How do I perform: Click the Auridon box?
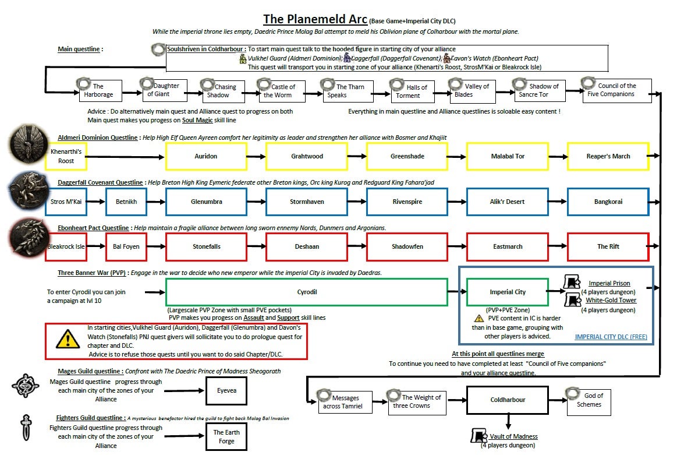tap(205, 156)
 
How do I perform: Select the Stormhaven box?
tap(307, 202)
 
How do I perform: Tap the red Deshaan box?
tap(307, 246)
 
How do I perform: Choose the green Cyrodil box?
tap(306, 292)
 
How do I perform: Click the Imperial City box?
tap(507, 292)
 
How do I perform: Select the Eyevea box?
tap(226, 391)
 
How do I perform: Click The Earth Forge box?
tap(226, 436)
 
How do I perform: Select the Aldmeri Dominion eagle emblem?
tap(24, 143)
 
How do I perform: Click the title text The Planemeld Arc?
tap(315, 19)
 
